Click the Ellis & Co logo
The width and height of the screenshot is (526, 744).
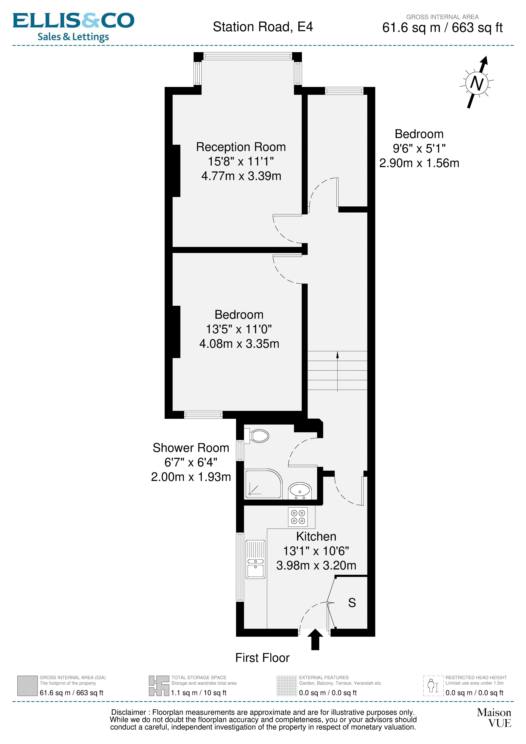click(x=73, y=27)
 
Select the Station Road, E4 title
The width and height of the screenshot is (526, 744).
click(x=263, y=27)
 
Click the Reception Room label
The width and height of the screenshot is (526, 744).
click(x=241, y=147)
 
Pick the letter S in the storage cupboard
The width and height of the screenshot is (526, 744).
click(x=352, y=603)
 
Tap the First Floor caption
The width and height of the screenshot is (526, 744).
click(x=262, y=658)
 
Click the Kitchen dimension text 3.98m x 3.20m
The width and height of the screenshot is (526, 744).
click(x=316, y=565)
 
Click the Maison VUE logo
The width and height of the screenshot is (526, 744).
click(x=494, y=718)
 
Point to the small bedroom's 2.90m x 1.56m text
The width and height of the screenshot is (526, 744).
click(x=419, y=163)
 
